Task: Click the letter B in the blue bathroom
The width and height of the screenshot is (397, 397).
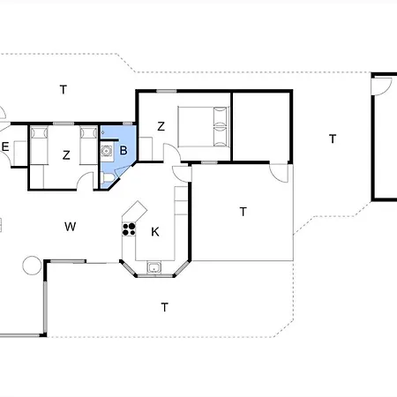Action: (x=124, y=150)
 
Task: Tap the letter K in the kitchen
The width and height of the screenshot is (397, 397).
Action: (x=155, y=232)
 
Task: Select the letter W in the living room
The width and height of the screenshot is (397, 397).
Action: (x=71, y=227)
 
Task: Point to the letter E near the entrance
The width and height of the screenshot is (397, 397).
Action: (x=5, y=146)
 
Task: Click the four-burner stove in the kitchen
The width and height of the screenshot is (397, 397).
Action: (x=129, y=229)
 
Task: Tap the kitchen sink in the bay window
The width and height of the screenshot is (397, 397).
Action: (x=154, y=267)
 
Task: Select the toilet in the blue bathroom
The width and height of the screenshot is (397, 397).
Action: (x=108, y=178)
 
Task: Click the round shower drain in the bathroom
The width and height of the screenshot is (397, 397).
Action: (x=106, y=151)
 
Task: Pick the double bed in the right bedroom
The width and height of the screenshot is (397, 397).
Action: (x=204, y=126)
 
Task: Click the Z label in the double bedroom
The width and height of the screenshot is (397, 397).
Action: (x=161, y=126)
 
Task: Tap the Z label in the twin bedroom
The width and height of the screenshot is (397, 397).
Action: (x=66, y=155)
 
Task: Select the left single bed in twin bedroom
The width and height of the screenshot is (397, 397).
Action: (x=39, y=146)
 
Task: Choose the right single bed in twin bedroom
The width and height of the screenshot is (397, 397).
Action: (x=88, y=146)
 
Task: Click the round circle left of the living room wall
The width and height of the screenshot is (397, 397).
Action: (x=32, y=266)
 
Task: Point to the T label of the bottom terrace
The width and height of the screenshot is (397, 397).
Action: (x=165, y=307)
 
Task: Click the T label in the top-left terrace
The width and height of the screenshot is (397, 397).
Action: (x=64, y=89)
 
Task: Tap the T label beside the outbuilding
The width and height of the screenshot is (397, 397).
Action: (x=333, y=139)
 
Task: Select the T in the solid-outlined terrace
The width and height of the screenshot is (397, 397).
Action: (x=243, y=212)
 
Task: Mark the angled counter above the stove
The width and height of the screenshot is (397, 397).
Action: (x=135, y=212)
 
